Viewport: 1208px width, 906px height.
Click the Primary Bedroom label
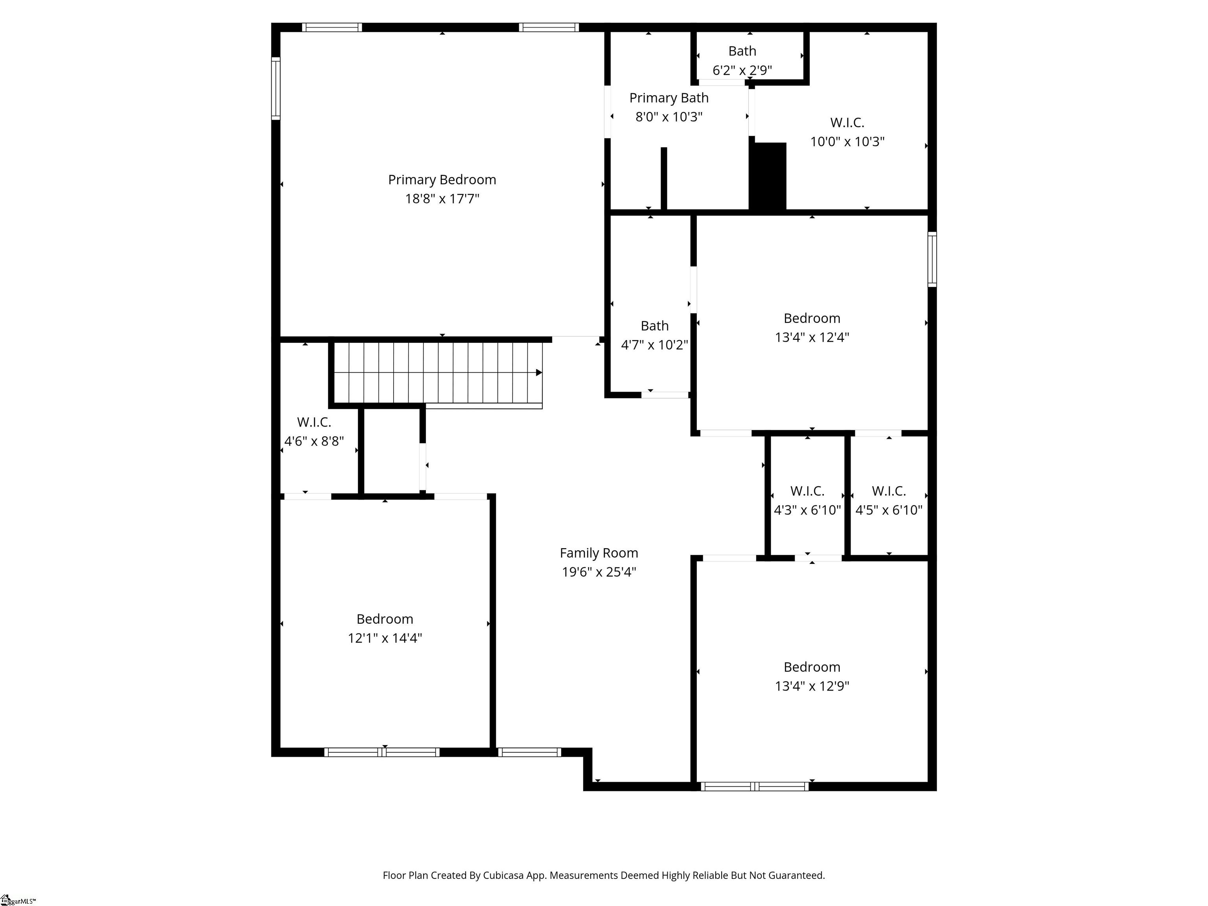point(442,180)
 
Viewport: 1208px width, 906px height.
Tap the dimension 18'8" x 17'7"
point(442,199)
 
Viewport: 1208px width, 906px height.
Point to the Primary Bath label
point(668,98)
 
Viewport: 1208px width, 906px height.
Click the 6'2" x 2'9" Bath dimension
point(742,70)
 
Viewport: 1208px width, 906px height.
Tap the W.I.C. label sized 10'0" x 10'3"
point(847,122)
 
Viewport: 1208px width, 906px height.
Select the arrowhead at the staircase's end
point(538,372)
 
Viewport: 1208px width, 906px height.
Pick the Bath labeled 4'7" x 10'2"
point(654,326)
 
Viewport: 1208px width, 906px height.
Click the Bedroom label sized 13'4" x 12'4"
point(812,319)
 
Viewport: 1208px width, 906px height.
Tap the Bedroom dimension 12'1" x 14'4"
point(385,638)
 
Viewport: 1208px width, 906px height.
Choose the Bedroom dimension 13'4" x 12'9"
point(812,686)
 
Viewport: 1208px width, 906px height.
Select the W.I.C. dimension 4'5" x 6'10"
point(889,510)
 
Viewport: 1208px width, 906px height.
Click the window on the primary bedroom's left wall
point(276,88)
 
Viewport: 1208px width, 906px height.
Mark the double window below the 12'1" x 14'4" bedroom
point(382,752)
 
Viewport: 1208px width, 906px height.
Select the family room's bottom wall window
point(529,752)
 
